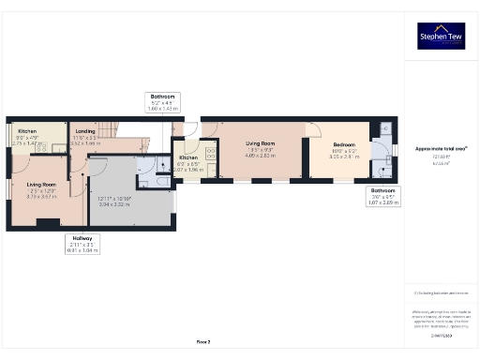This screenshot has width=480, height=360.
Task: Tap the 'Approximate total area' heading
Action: (441, 149)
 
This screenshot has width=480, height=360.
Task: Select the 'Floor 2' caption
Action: (202, 343)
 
